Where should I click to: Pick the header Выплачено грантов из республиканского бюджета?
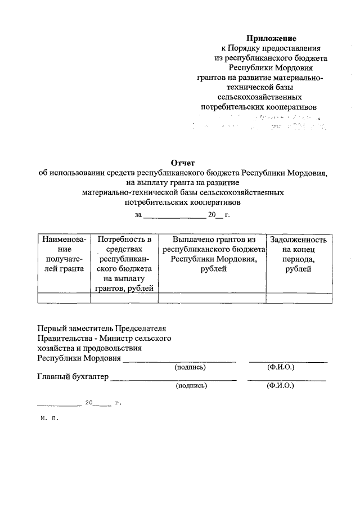213,254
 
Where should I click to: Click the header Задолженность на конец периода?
298,254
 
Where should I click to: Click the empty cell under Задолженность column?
298,298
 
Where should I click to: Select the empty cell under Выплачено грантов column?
213,298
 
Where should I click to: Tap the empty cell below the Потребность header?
124,298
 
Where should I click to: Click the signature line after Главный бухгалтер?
173,380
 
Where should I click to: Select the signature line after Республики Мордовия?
179,361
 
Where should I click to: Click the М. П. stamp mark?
49,418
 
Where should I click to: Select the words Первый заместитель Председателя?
102,328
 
